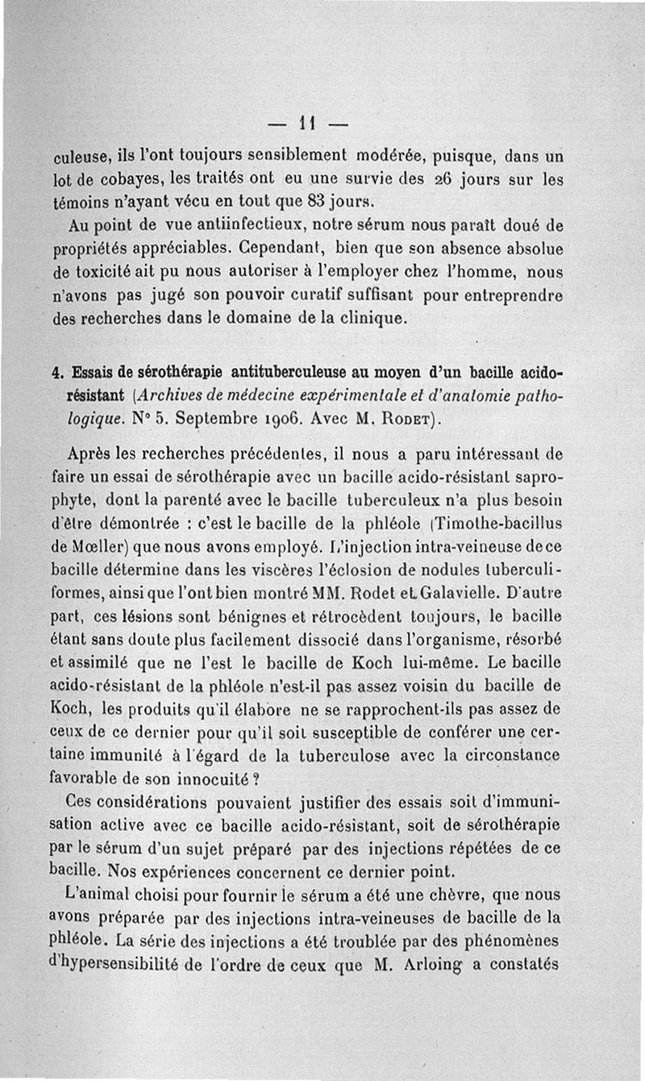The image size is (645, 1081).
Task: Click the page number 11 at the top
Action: tap(306, 125)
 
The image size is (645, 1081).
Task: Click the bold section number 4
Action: tap(56, 374)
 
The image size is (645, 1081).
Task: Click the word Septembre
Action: tap(210, 419)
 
